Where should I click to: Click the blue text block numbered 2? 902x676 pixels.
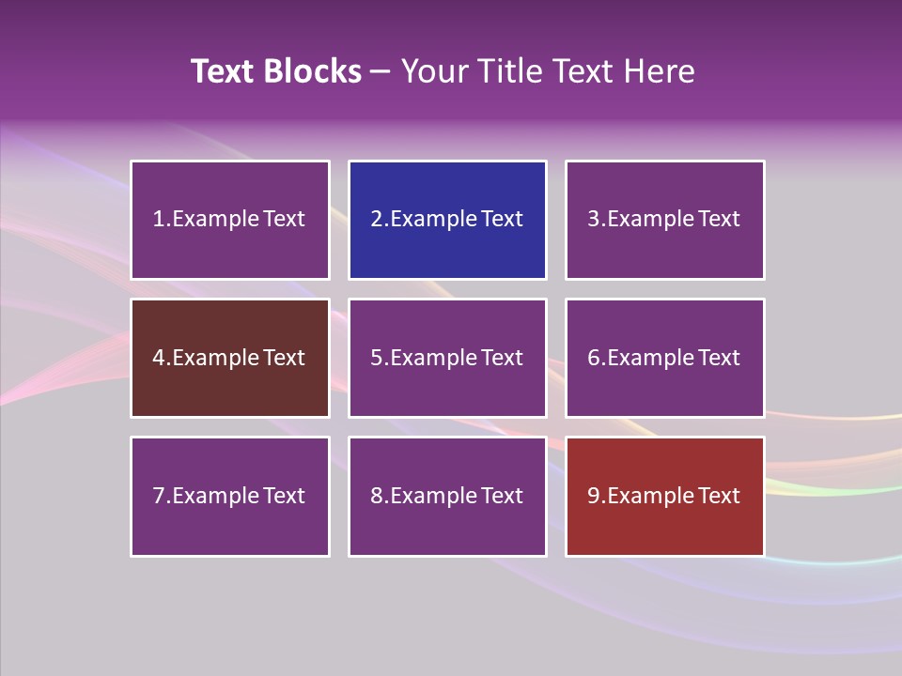pyautogui.click(x=447, y=220)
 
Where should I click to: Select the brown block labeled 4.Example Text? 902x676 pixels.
pyautogui.click(x=230, y=358)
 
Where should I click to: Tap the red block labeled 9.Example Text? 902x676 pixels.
pyautogui.click(x=664, y=496)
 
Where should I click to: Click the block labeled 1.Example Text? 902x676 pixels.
pyautogui.click(x=230, y=220)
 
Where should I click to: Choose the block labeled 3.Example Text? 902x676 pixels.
pyautogui.click(x=664, y=220)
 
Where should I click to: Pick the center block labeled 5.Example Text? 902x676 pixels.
pyautogui.click(x=447, y=358)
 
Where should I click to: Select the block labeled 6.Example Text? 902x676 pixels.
pyautogui.click(x=664, y=358)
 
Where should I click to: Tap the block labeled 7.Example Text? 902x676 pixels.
pyautogui.click(x=230, y=496)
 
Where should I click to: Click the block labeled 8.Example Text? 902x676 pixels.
pyautogui.click(x=447, y=496)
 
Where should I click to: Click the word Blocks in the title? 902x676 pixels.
pyautogui.click(x=313, y=71)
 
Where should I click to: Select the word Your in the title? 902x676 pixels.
pyautogui.click(x=433, y=71)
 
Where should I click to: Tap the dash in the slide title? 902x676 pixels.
pyautogui.click(x=381, y=71)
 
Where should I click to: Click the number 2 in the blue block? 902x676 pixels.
pyautogui.click(x=376, y=220)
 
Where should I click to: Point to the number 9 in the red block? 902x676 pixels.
pyautogui.click(x=593, y=496)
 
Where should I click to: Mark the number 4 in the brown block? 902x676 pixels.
pyautogui.click(x=158, y=358)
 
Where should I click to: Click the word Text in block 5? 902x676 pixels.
pyautogui.click(x=502, y=358)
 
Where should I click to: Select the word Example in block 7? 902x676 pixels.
pyautogui.click(x=214, y=496)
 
